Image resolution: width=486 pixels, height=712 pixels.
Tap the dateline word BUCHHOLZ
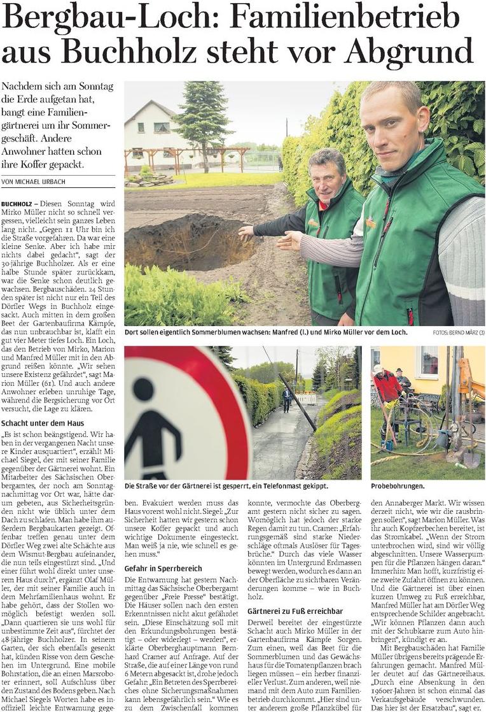click(18, 202)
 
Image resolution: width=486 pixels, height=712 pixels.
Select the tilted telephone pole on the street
click(295, 401)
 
